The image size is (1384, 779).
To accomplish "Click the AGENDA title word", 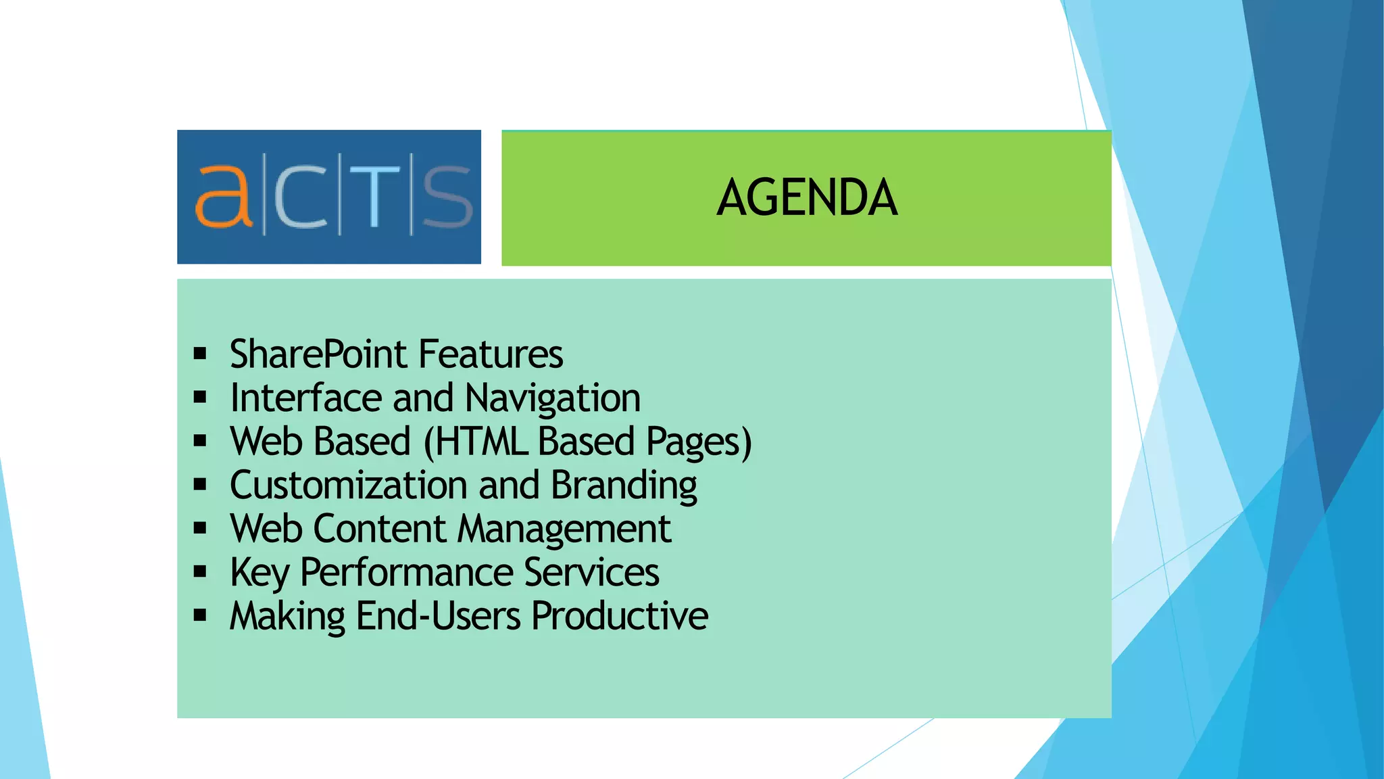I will [x=807, y=197].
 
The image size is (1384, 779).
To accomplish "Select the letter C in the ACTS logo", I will [x=301, y=197].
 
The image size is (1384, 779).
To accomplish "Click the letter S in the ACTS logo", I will [x=447, y=197].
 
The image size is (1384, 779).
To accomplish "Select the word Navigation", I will [x=553, y=398].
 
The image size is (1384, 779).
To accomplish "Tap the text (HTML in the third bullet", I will [x=476, y=442].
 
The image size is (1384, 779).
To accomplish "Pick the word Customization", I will [x=349, y=486].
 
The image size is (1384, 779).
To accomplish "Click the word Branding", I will [x=624, y=486].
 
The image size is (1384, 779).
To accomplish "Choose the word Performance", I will [x=406, y=573].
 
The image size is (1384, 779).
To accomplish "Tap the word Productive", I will [x=620, y=616].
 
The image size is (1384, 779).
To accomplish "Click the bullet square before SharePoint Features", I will [x=199, y=353].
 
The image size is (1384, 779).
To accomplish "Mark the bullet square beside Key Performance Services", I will [x=199, y=572].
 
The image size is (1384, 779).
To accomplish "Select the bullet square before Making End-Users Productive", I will [x=199, y=615].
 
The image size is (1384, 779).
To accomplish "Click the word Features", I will [x=491, y=354].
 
